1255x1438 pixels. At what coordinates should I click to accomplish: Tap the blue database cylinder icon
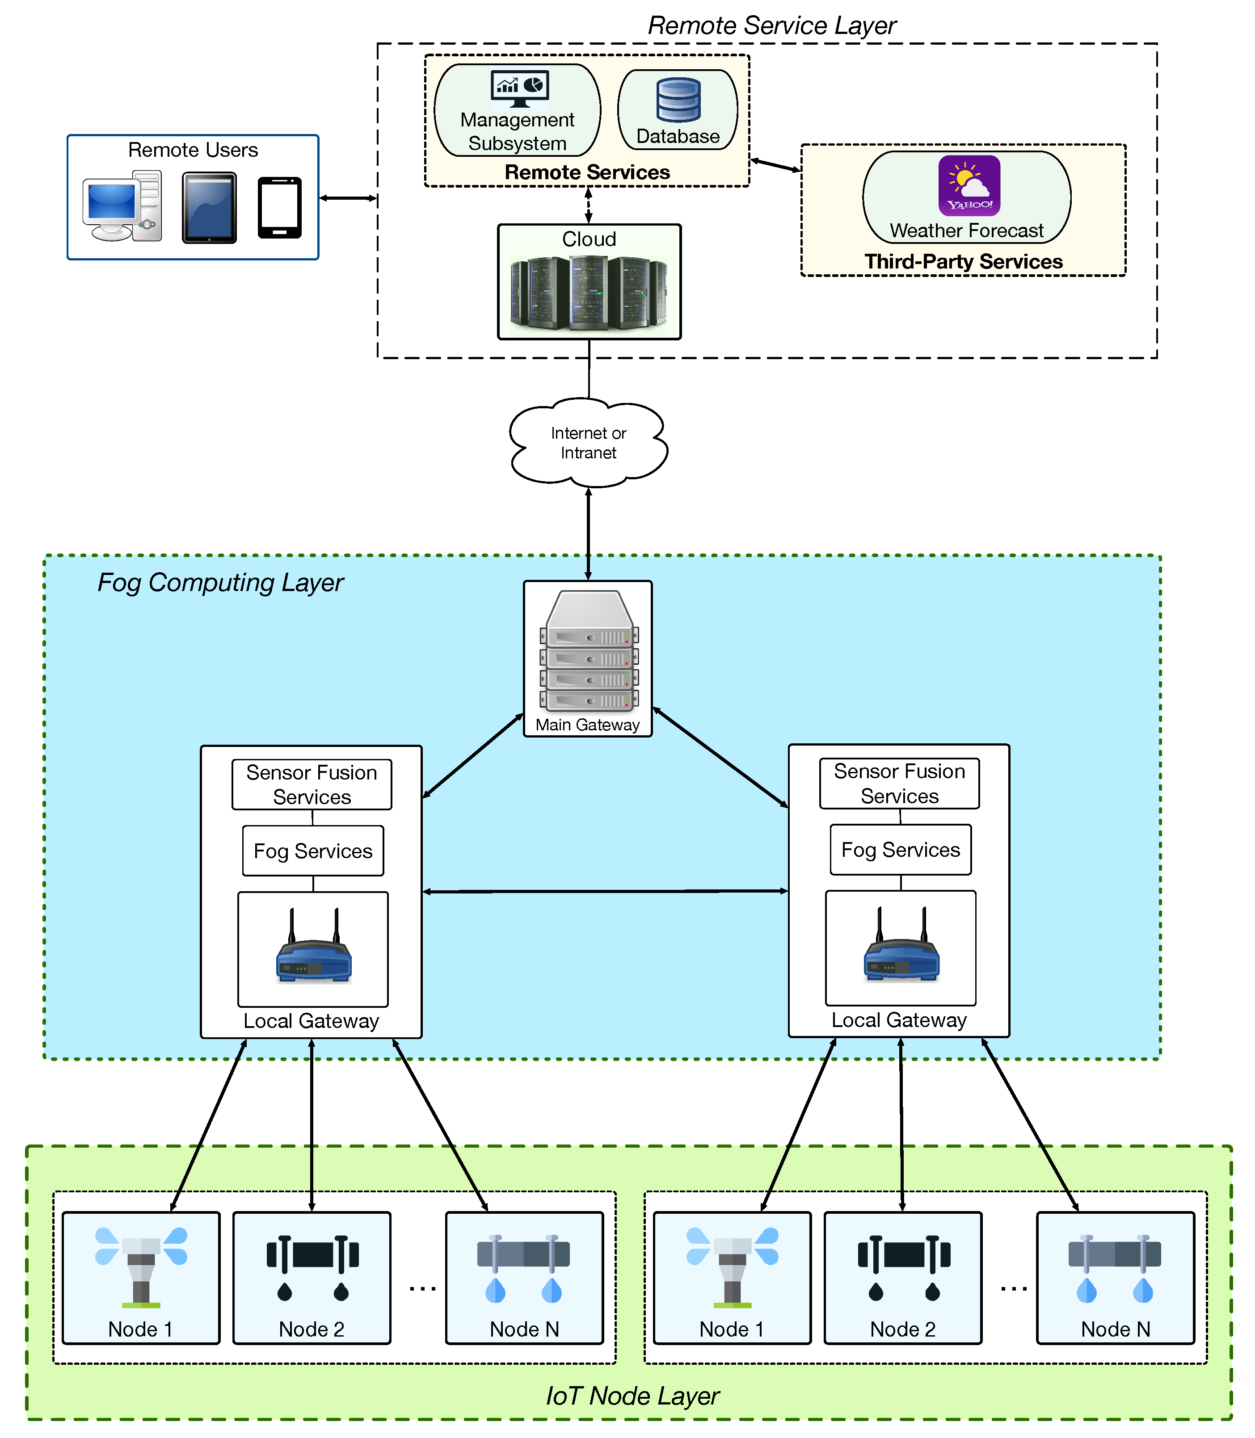tap(678, 100)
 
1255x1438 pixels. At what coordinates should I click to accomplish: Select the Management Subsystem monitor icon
tap(519, 88)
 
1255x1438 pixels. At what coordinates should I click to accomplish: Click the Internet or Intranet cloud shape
tap(588, 442)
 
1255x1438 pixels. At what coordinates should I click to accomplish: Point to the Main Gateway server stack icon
tap(588, 651)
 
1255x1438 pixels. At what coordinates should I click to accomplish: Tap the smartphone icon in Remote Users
tap(279, 208)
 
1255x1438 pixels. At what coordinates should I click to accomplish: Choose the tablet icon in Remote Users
tap(209, 208)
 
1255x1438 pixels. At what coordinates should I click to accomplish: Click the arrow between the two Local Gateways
tap(605, 891)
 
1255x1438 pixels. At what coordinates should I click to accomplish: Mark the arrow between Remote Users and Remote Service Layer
tap(348, 198)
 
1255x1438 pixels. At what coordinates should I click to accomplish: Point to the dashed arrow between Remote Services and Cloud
tap(588, 205)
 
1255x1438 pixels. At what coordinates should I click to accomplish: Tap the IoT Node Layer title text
tap(632, 1395)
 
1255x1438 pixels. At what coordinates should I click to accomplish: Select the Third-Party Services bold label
tap(963, 261)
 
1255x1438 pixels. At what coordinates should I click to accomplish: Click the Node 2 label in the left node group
tap(312, 1329)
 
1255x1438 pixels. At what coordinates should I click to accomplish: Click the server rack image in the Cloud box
tap(588, 292)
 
